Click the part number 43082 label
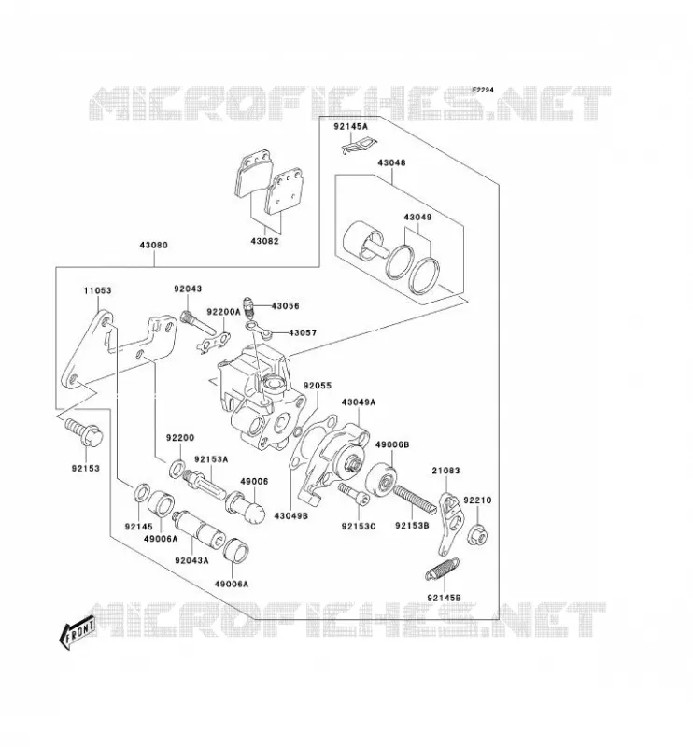click(264, 241)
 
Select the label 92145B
click(445, 598)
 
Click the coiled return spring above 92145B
click(442, 569)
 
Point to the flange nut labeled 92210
click(477, 535)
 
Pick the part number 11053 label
click(98, 290)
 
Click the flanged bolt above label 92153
click(84, 432)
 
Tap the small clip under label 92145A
click(359, 146)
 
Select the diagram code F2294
click(483, 90)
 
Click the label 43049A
click(359, 402)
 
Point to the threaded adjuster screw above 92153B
click(415, 500)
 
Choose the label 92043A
click(191, 560)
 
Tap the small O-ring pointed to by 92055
click(296, 432)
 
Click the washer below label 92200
click(177, 468)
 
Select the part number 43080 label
click(153, 246)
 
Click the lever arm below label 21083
click(450, 524)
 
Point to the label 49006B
click(392, 444)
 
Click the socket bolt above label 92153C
click(354, 495)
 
